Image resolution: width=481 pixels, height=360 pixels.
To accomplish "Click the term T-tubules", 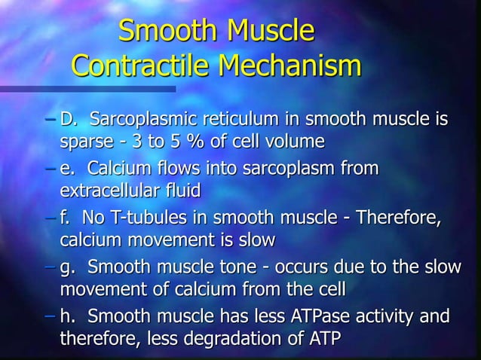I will [x=151, y=219].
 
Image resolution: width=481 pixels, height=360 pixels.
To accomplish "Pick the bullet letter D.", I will [x=68, y=120].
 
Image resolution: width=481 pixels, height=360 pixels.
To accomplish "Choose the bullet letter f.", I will [x=65, y=219].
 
